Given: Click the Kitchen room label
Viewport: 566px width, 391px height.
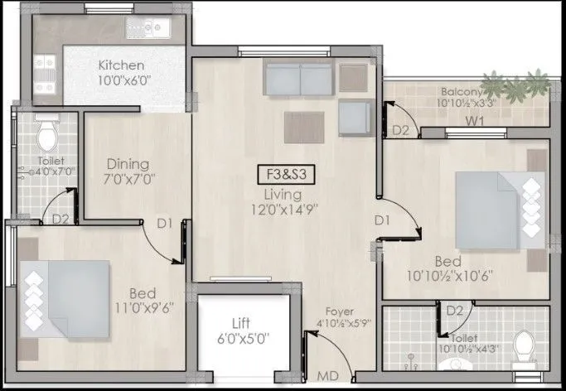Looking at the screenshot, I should [121, 65].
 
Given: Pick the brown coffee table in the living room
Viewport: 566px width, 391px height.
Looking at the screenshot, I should [304, 127].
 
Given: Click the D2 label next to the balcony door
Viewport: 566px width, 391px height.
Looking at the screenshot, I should [401, 130].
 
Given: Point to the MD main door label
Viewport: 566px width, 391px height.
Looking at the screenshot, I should [327, 377].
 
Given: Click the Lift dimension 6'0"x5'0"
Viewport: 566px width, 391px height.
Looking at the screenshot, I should [244, 337].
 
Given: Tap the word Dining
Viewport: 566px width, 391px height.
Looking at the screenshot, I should [127, 163].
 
